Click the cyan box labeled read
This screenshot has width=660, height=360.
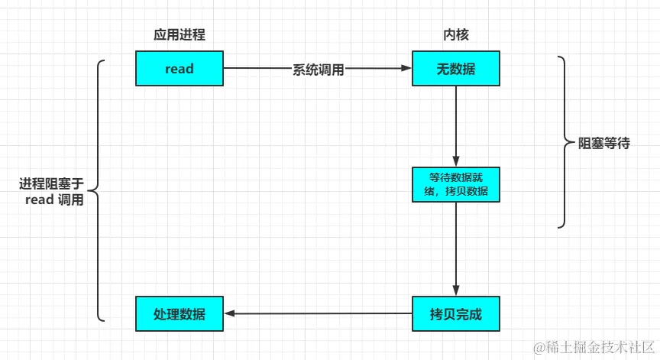(180, 69)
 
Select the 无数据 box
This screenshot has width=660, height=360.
(456, 69)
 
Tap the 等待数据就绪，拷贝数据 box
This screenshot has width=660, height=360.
(456, 184)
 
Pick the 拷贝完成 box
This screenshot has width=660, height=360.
(456, 313)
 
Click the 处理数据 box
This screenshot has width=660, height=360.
(180, 313)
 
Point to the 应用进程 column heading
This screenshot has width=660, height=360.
(180, 35)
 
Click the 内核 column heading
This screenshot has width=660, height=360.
(455, 35)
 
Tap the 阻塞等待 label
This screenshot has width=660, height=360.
(604, 143)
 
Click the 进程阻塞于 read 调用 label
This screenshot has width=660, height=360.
(51, 192)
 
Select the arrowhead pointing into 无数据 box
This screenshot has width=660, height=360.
(407, 69)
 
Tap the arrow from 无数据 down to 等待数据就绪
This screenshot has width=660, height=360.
(456, 126)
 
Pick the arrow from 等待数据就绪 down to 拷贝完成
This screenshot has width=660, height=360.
(456, 248)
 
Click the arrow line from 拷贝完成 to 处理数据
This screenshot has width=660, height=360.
(321, 313)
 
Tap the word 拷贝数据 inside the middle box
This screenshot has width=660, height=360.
(468, 190)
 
